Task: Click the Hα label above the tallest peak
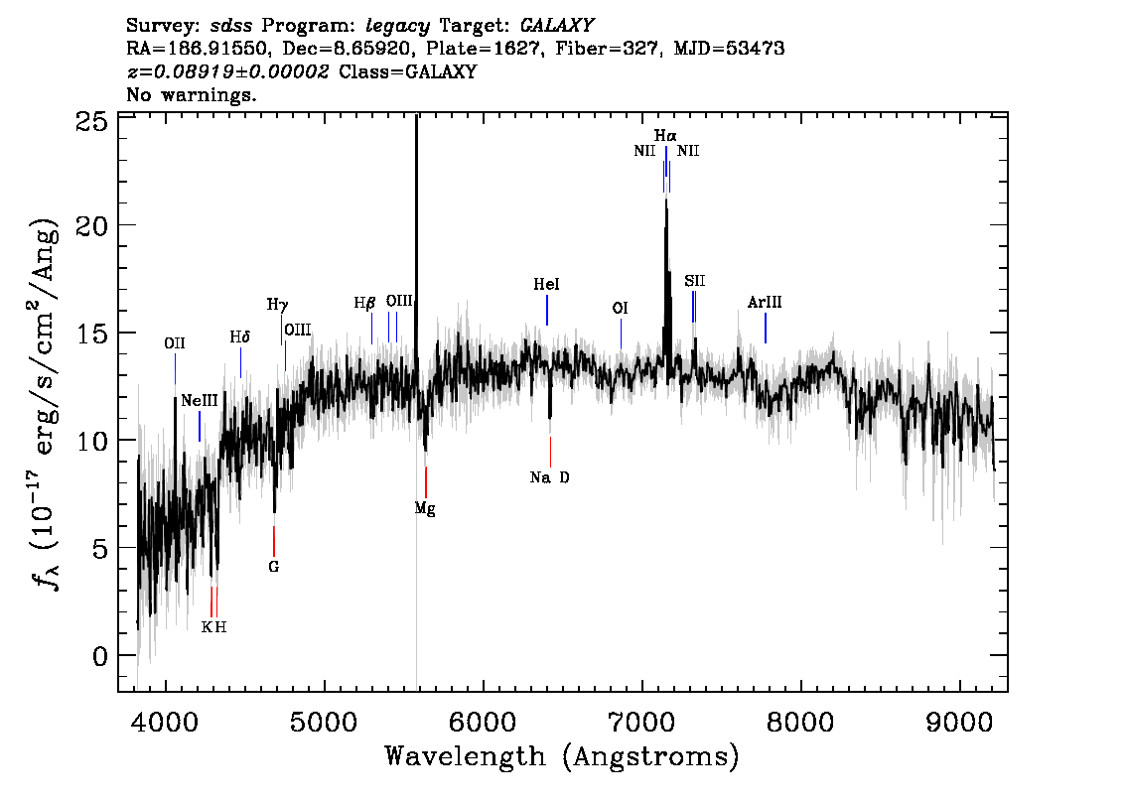(x=665, y=135)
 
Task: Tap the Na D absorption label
(x=549, y=477)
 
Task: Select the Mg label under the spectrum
(x=425, y=509)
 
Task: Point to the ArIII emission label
(x=765, y=302)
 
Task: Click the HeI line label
(x=546, y=284)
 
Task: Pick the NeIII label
(x=199, y=401)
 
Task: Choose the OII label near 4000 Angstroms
(x=175, y=343)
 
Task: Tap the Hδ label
(x=240, y=336)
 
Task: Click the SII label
(x=694, y=281)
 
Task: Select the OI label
(x=620, y=308)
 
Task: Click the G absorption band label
(x=274, y=567)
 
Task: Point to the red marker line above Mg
(x=426, y=481)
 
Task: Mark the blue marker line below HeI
(x=547, y=310)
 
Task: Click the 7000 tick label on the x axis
(x=641, y=723)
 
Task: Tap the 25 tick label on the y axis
(x=92, y=121)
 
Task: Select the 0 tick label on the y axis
(x=100, y=656)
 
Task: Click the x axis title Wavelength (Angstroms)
(x=562, y=756)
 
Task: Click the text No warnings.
(x=191, y=94)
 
